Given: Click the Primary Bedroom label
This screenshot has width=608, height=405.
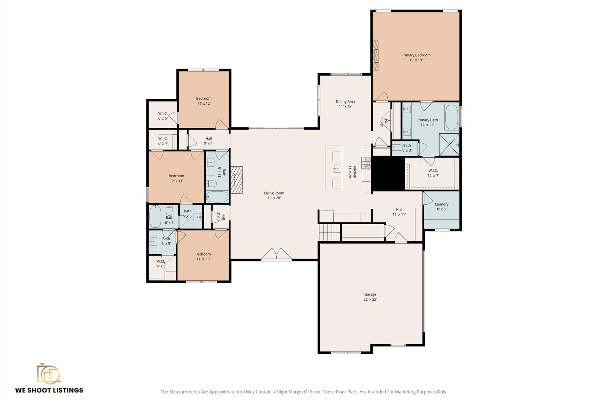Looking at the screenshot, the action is point(416,57).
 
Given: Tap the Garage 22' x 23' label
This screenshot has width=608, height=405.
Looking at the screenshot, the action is point(370,297).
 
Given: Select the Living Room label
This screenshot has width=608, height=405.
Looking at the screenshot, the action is point(274,195).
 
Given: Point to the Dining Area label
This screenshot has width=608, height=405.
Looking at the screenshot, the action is point(345,104).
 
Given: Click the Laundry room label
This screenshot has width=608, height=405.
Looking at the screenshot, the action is point(442,206).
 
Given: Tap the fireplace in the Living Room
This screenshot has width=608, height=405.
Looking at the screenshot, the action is point(236,180).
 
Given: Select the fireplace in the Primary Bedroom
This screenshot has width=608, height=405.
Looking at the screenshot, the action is point(376,56).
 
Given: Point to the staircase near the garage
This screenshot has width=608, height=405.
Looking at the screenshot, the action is point(329,232).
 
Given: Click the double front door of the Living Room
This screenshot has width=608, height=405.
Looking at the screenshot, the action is point(276,255).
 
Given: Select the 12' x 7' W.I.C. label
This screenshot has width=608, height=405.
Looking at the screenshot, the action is point(433,173).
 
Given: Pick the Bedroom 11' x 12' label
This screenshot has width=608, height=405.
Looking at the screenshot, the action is point(204,101).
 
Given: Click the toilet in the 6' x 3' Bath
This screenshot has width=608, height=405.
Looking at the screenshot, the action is point(398,147).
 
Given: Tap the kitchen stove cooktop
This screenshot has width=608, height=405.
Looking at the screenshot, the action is point(366,163).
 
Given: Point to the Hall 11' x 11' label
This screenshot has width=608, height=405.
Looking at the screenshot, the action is point(399,212).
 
